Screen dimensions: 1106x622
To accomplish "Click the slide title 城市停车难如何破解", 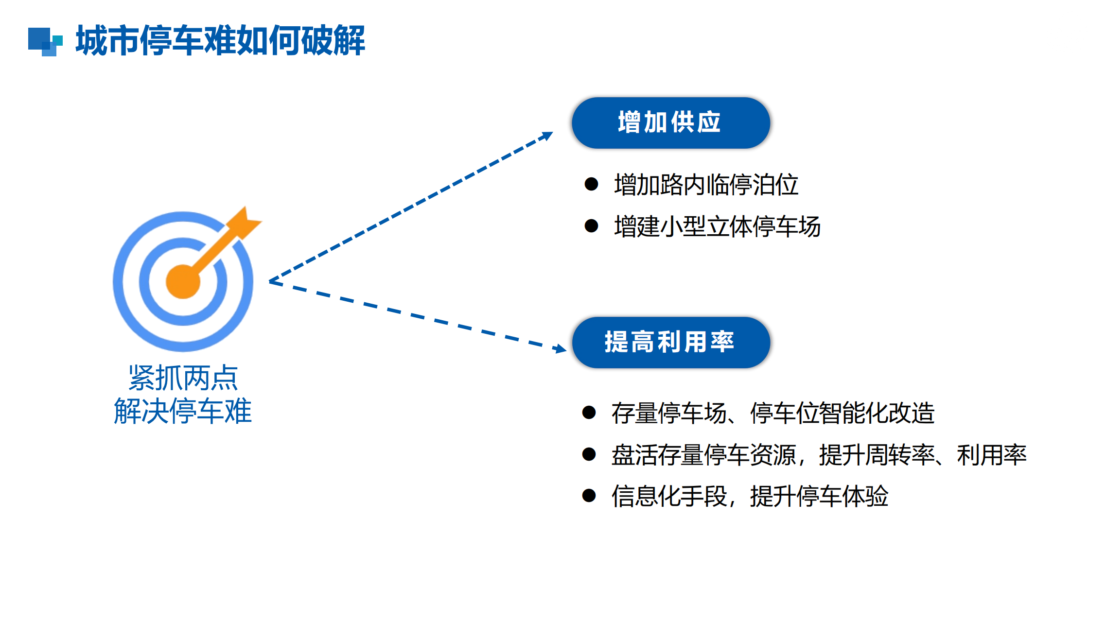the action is pos(220,40).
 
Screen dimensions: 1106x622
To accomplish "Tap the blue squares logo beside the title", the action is pos(45,42).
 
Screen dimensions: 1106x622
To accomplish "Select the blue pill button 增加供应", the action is pos(671,123).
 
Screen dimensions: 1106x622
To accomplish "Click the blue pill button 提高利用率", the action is pos(671,343).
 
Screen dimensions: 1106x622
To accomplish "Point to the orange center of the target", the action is pos(183,282).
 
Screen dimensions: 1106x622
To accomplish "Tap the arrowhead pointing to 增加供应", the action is pos(547,136).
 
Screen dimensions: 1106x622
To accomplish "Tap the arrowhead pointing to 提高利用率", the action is pos(560,348).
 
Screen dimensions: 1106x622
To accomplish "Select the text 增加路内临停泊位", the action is pos(706,185).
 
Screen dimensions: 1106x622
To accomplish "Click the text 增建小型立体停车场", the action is pos(717,226).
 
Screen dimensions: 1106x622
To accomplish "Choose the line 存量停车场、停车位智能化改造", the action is pos(773,413).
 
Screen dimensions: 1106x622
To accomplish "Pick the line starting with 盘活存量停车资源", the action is pos(819,455).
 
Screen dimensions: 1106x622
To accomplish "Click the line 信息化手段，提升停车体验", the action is pos(750,496).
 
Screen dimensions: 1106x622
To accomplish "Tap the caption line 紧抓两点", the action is pos(183,378).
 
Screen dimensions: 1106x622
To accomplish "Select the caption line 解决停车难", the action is pos(183,411).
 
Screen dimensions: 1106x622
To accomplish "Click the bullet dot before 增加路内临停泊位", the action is pos(591,184).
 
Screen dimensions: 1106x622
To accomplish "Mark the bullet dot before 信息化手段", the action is pos(589,496).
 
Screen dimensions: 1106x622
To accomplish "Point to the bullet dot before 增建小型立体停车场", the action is pos(591,226).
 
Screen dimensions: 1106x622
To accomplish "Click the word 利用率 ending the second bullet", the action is pos(992,455).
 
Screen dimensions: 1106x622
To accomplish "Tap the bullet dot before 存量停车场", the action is pos(589,413).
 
